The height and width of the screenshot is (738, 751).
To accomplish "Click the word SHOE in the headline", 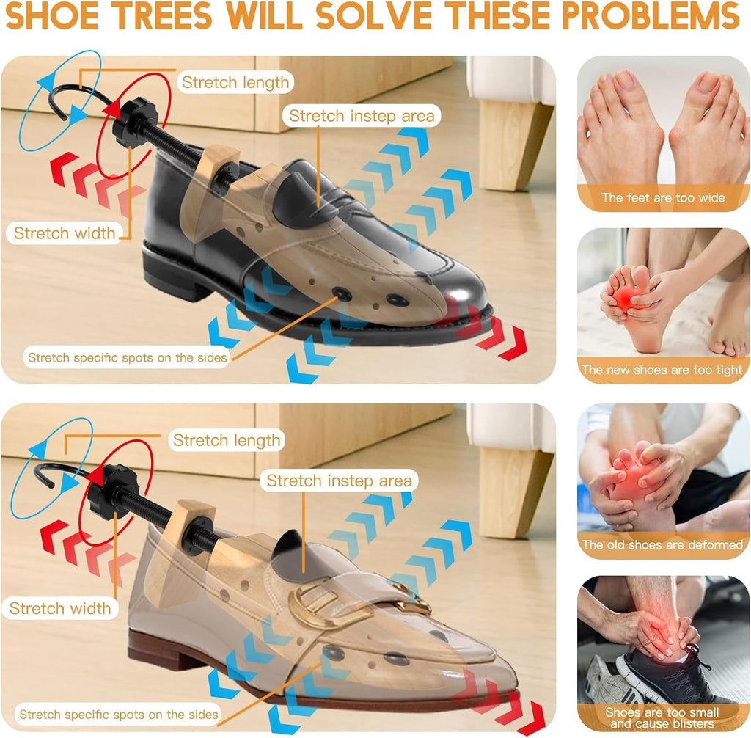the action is [x=52, y=15].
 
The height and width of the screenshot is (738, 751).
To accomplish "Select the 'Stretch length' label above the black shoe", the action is [x=235, y=82].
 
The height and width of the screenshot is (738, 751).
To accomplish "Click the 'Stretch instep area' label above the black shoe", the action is [x=362, y=116].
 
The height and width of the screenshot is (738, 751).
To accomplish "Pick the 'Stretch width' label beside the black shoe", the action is [x=65, y=233].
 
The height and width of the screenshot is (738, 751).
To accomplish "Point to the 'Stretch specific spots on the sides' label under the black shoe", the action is [x=128, y=357].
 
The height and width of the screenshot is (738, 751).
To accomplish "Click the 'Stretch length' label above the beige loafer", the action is [x=227, y=440].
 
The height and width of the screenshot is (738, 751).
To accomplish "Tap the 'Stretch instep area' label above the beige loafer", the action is [x=339, y=481].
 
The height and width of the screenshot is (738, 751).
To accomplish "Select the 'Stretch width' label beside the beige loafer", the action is [x=60, y=609].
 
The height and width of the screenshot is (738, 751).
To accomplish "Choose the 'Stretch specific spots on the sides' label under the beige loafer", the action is [x=118, y=715].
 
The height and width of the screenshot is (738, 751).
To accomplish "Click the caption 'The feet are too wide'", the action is [x=663, y=198].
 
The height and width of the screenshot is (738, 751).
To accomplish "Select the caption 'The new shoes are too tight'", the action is [x=662, y=370].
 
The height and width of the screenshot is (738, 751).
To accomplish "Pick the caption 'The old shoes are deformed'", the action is [x=662, y=545].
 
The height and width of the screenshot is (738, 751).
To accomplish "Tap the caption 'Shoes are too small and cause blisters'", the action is [x=662, y=718].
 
